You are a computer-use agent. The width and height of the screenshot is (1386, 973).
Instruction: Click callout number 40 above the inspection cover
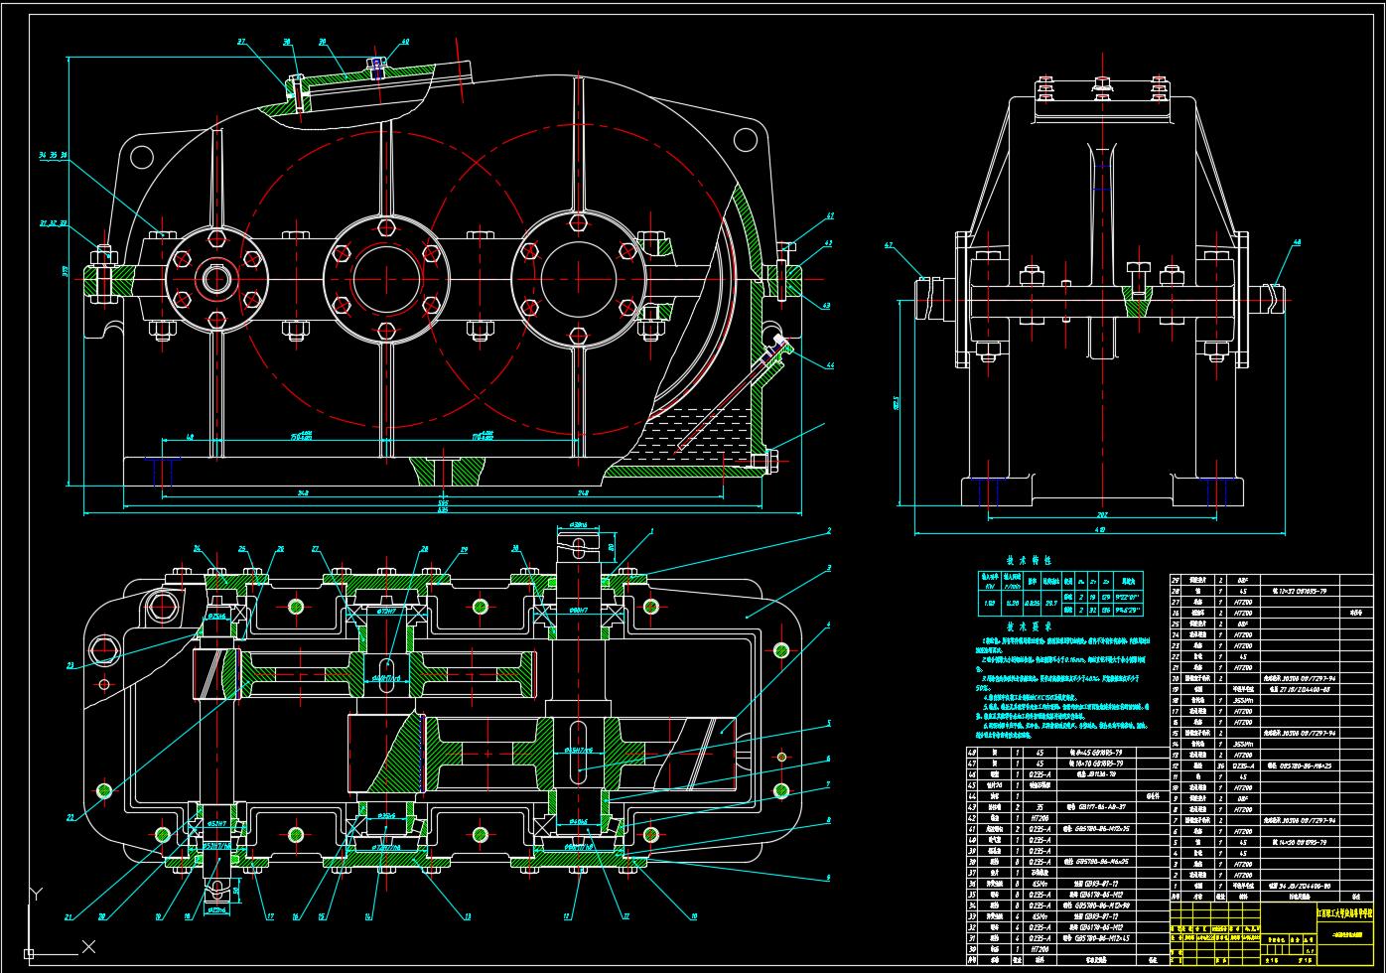[405, 43]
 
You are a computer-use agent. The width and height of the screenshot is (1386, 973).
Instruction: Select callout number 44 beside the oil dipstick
[830, 366]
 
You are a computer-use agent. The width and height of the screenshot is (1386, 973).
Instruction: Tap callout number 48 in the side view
[1297, 242]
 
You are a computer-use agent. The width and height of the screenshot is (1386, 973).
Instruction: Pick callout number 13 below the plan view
[468, 916]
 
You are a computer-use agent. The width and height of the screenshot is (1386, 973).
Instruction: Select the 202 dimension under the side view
[1094, 515]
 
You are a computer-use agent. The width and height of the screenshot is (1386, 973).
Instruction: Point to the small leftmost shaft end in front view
[217, 279]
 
